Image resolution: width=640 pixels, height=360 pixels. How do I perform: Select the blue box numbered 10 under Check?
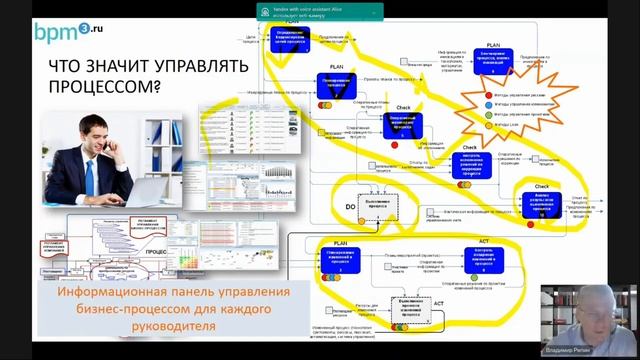[x=541, y=202]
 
